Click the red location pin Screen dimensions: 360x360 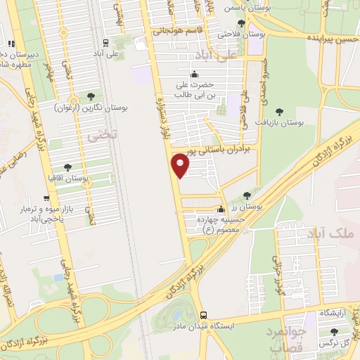(x=181, y=165)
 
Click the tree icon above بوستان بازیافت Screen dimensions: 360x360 (x=280, y=111)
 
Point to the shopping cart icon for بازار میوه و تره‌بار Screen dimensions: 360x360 (x=26, y=210)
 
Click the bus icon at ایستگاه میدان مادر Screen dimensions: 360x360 (x=203, y=315)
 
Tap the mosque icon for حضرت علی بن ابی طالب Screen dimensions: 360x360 (x=195, y=74)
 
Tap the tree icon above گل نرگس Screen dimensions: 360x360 (x=333, y=332)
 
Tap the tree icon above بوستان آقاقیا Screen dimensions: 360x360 (x=67, y=167)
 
